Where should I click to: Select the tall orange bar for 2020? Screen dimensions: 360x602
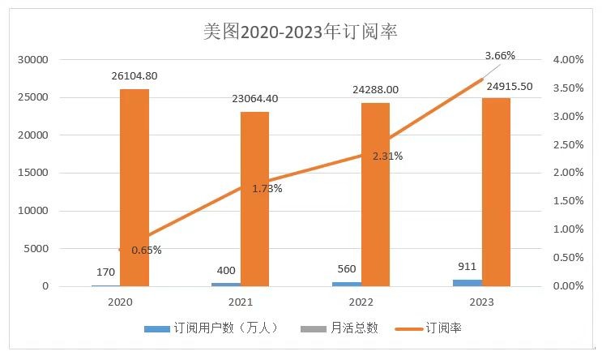point(134,187)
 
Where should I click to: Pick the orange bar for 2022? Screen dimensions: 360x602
point(375,195)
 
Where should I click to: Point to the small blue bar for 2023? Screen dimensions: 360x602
point(468,282)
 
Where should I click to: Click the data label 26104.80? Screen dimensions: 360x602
point(134,76)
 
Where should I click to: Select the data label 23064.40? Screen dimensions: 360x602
point(255,99)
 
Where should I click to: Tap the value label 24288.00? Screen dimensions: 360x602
point(375,90)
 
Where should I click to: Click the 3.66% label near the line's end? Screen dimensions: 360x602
point(499,55)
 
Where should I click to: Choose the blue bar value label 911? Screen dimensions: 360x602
point(467,267)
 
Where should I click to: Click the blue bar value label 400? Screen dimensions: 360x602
point(226,270)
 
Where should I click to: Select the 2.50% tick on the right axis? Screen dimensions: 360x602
point(566,144)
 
